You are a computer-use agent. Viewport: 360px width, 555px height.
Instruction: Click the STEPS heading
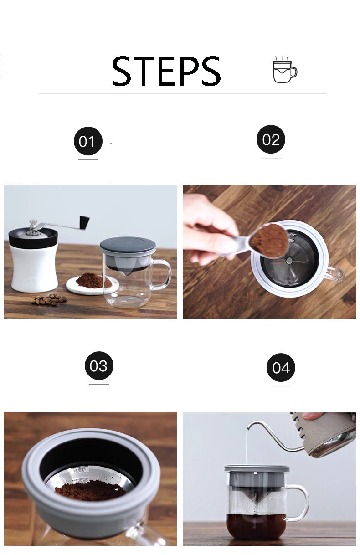click(x=166, y=71)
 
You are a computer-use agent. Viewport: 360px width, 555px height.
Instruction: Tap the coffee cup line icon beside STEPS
click(x=284, y=69)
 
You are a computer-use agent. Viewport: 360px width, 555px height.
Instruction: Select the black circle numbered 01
click(x=88, y=141)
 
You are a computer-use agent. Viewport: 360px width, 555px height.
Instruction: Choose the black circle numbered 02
click(x=271, y=139)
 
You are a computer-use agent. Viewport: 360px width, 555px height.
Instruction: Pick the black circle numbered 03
click(x=99, y=365)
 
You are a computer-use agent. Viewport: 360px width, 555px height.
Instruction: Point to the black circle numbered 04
click(x=281, y=367)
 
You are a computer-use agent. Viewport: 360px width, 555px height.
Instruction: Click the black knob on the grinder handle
click(x=84, y=222)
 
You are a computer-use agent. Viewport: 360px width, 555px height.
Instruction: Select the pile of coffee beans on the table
click(x=49, y=299)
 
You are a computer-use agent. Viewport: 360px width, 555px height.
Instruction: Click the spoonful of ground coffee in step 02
click(x=269, y=240)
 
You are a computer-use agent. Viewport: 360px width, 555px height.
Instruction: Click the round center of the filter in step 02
click(x=288, y=261)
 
